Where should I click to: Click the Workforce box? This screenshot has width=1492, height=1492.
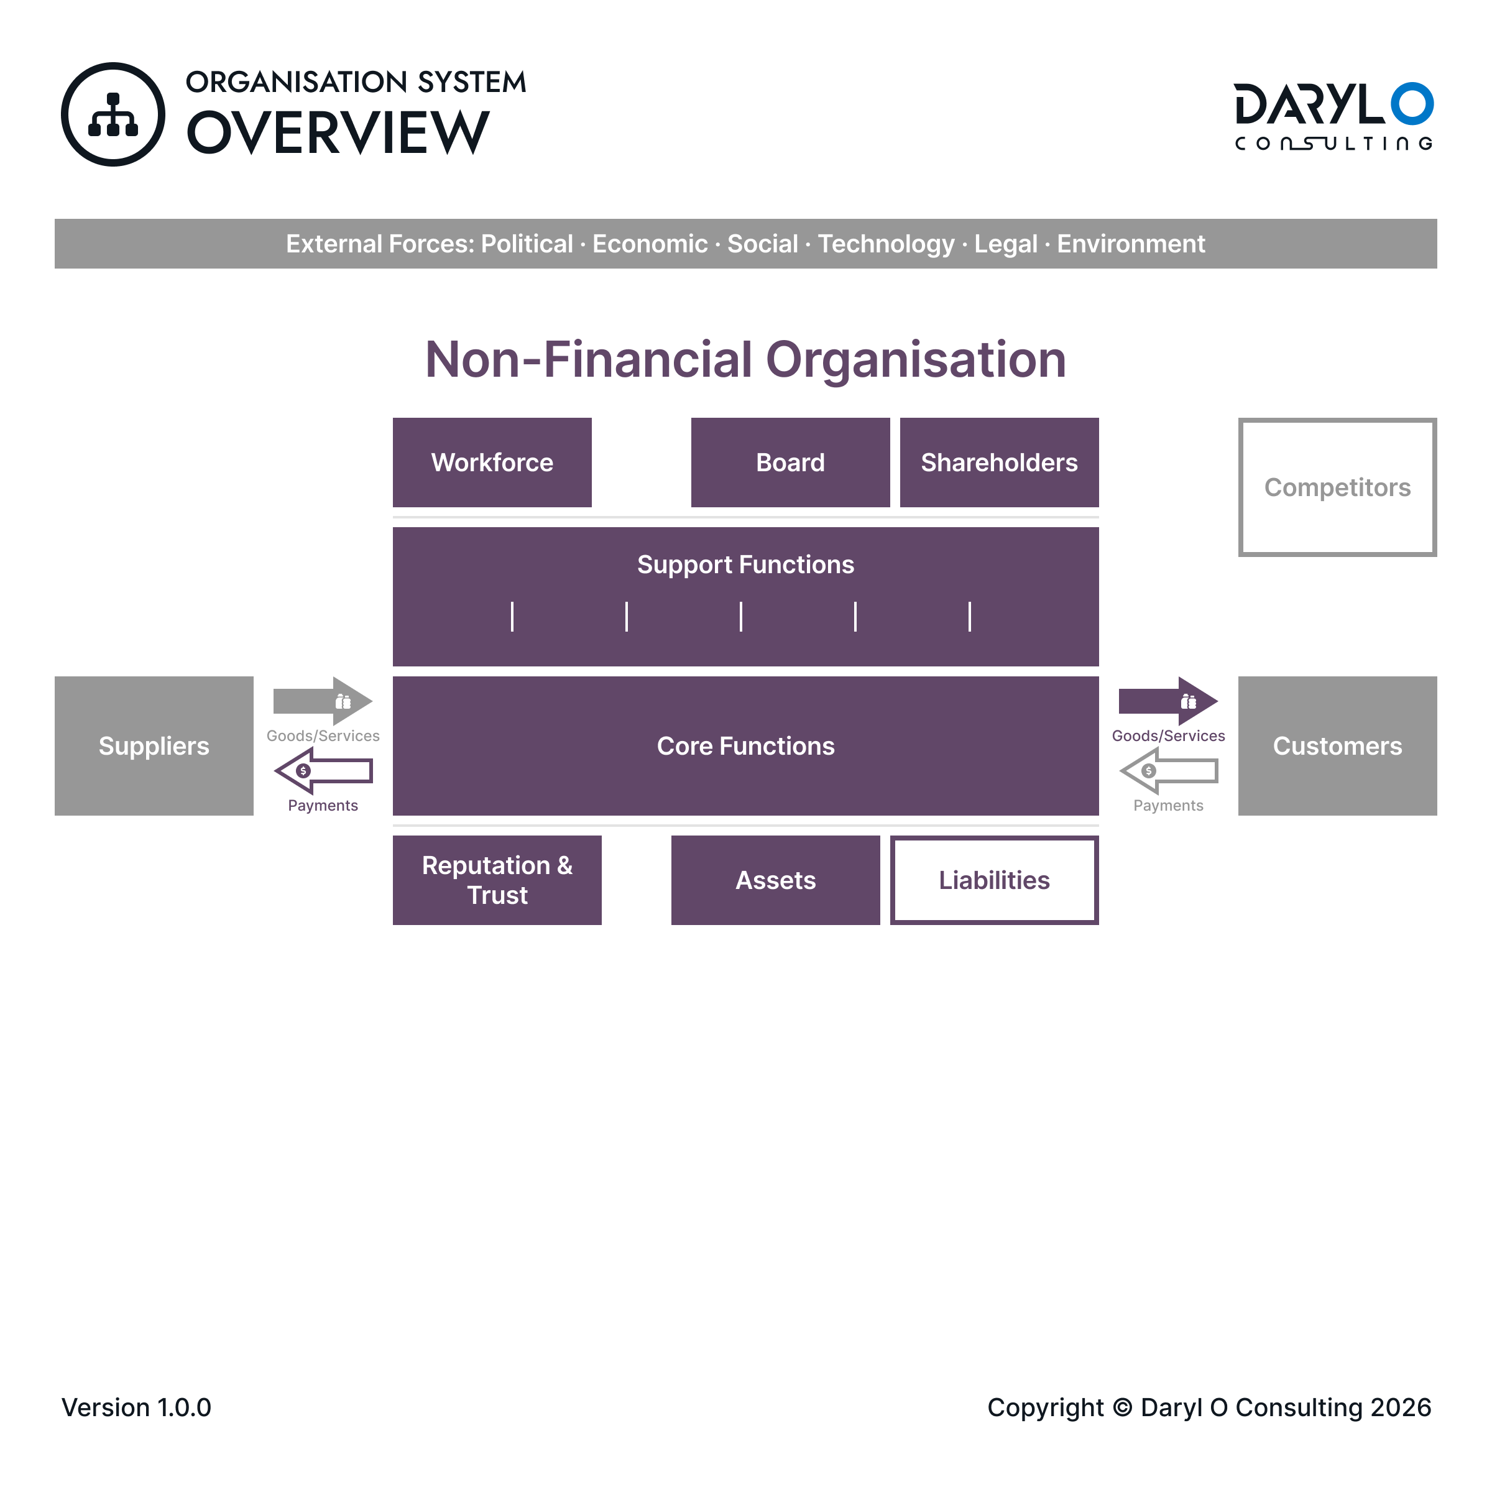492,463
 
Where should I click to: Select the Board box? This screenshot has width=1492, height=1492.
790,463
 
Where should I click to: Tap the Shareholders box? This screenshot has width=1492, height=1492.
999,463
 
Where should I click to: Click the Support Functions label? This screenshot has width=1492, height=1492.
745,564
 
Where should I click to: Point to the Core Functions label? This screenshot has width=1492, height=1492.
745,746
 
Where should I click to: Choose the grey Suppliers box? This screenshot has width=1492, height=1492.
154,746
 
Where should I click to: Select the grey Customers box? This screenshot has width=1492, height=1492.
1338,746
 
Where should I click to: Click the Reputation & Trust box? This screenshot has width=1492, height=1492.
497,880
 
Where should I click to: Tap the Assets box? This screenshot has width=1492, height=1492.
775,880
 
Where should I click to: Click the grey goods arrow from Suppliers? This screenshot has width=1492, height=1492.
323,701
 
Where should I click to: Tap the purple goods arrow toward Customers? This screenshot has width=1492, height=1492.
1169,701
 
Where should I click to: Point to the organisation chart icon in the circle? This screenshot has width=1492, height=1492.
113,115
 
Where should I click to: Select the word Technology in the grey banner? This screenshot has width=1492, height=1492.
886,244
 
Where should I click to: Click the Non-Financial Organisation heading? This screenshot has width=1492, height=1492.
745,359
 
